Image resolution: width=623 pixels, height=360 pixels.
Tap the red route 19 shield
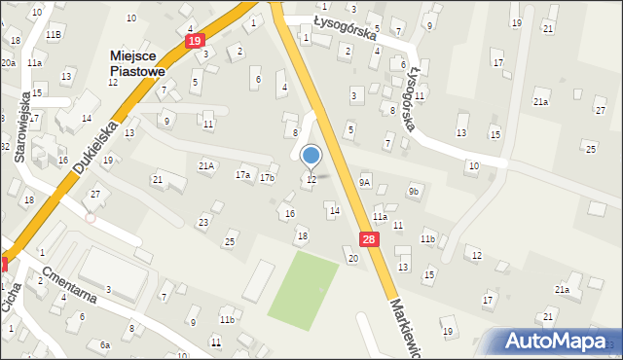[x=195, y=41]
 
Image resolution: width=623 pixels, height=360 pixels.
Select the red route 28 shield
[x=367, y=239]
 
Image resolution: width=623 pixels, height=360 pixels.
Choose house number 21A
[x=206, y=166]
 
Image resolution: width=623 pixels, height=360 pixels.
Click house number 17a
[x=242, y=175]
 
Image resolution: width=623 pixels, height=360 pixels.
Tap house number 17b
[x=267, y=178]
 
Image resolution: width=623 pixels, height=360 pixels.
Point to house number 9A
[x=365, y=181]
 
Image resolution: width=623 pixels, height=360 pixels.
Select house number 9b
[x=414, y=191]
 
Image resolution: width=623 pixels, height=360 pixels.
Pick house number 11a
[x=380, y=217]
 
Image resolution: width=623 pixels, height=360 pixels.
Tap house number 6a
[x=104, y=344]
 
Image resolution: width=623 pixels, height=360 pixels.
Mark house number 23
[x=203, y=223]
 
